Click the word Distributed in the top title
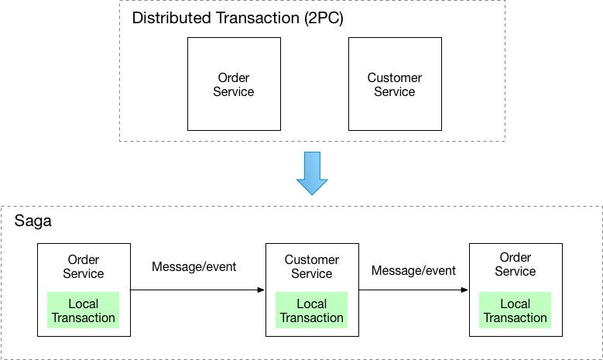167,19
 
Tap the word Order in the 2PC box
233,78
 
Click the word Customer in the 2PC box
394,78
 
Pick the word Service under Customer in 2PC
394,92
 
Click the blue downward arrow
312,173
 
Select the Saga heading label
33,221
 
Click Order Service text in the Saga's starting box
83,266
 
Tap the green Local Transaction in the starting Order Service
83,310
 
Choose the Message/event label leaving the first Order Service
194,267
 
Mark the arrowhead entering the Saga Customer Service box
261,290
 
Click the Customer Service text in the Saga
312,266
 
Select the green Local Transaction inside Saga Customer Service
312,310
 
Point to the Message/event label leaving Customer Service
413,270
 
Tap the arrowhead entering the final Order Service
464,290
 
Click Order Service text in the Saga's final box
515,264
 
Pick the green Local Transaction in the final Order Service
515,310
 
